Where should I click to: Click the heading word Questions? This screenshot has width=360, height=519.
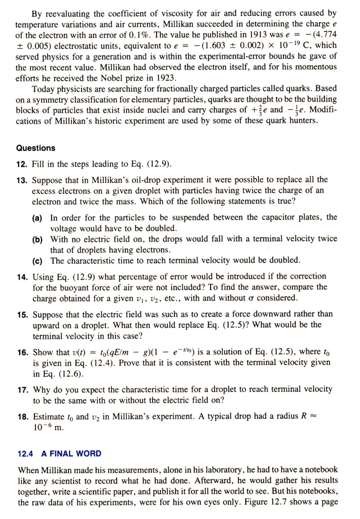[36, 148]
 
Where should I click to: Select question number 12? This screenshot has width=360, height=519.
[22, 163]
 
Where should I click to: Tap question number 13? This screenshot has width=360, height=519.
[22, 180]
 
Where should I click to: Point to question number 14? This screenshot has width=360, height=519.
[22, 276]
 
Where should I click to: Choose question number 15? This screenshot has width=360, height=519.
[22, 314]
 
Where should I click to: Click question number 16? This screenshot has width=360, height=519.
[22, 352]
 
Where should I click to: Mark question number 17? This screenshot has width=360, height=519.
[22, 389]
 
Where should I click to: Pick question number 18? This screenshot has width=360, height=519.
[22, 416]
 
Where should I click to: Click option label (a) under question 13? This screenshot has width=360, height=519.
[38, 217]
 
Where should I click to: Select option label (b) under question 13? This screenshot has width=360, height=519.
[38, 239]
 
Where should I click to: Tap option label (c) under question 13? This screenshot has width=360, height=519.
[38, 261]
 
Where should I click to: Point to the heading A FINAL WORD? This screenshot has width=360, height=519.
[72, 454]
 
